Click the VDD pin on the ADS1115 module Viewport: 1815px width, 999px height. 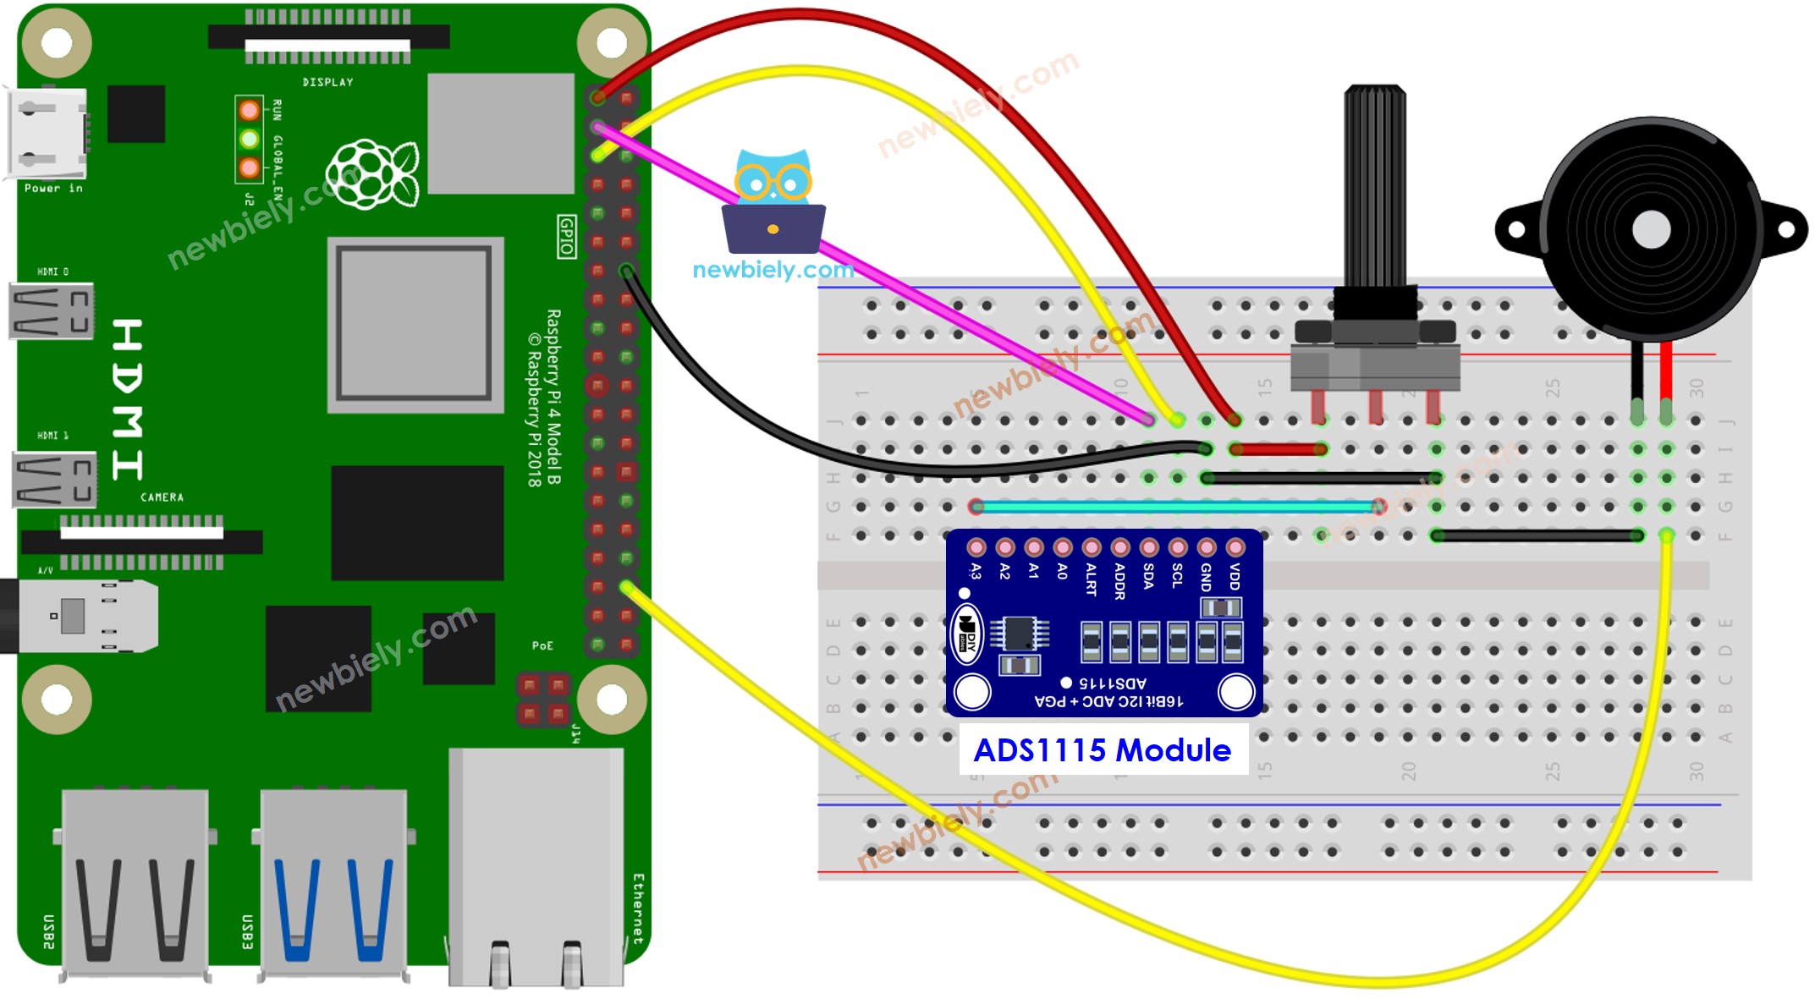tap(1235, 547)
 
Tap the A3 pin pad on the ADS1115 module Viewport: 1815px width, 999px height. tap(976, 547)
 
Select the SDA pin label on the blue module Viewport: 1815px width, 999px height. tap(1148, 576)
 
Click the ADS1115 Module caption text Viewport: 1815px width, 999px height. tap(1102, 750)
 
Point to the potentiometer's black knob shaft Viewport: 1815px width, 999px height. tap(1375, 186)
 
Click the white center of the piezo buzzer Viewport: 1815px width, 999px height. tap(1651, 230)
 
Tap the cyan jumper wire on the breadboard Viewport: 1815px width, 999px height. tap(1176, 507)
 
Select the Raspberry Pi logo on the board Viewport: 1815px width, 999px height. tap(373, 174)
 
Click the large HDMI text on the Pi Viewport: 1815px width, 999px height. tap(127, 398)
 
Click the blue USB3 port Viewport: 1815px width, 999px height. tap(333, 884)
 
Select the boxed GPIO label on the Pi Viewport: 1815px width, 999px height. tap(566, 236)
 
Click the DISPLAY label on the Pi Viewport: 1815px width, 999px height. tap(327, 82)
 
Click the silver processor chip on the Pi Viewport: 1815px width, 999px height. tap(415, 324)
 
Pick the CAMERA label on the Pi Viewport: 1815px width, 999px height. tap(162, 497)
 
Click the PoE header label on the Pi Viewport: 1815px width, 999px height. tap(542, 646)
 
